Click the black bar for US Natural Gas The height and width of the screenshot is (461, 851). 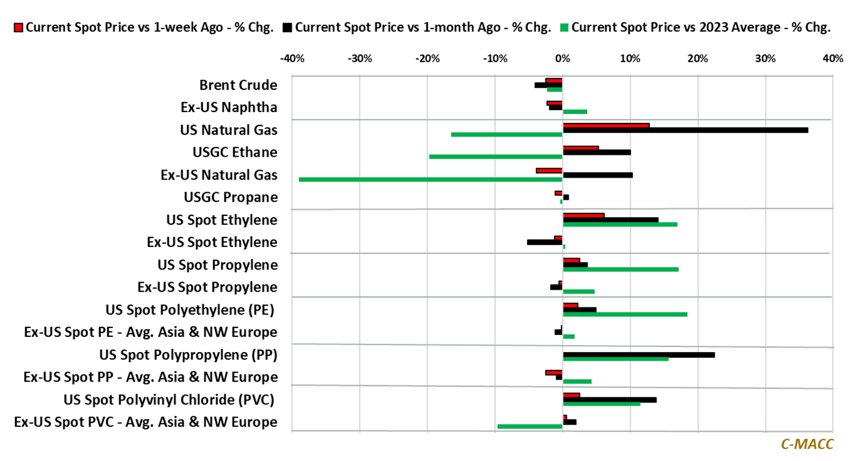(685, 130)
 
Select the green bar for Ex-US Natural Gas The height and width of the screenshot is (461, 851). (431, 179)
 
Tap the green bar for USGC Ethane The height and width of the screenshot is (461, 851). (495, 157)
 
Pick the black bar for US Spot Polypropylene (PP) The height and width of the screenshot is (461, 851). (638, 355)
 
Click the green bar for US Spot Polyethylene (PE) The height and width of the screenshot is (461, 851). (625, 314)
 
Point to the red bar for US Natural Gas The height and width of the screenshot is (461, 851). (606, 125)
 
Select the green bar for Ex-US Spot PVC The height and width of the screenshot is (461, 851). (530, 426)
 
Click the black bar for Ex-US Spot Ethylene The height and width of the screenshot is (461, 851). (545, 242)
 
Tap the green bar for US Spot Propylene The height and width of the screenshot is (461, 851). (620, 269)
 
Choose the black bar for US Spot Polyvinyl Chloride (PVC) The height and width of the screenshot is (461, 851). (609, 400)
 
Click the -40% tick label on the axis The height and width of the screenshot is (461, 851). (291, 59)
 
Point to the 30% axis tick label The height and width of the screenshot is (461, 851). (765, 59)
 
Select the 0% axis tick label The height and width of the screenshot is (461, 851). (562, 59)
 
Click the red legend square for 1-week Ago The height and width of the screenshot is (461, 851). (18, 28)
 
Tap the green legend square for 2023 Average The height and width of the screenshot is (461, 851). (564, 28)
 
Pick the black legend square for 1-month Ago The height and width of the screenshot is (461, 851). (287, 28)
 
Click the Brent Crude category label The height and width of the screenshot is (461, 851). (238, 85)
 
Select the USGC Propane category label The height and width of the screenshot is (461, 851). (230, 197)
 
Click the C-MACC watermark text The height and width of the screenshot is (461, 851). (807, 444)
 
